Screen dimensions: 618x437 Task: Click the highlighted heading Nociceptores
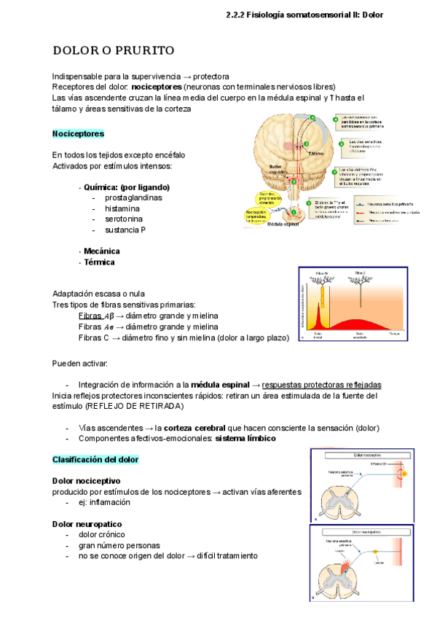[79, 134]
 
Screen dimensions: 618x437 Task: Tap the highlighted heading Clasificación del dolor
[95, 460]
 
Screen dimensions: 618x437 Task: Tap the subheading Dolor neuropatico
[87, 524]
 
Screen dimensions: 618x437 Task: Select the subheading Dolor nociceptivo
[87, 481]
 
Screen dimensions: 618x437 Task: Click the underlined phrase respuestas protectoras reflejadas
[322, 385]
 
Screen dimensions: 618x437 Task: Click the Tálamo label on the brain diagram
[315, 154]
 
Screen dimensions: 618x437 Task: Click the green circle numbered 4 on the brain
[313, 117]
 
